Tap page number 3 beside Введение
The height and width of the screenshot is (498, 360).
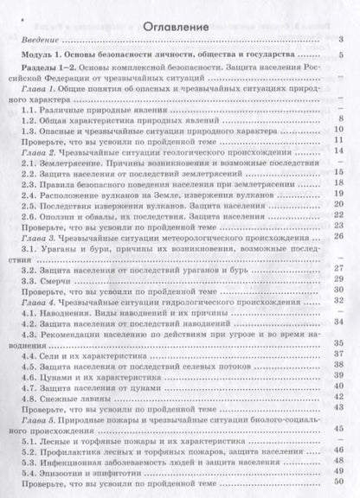click(x=343, y=41)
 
